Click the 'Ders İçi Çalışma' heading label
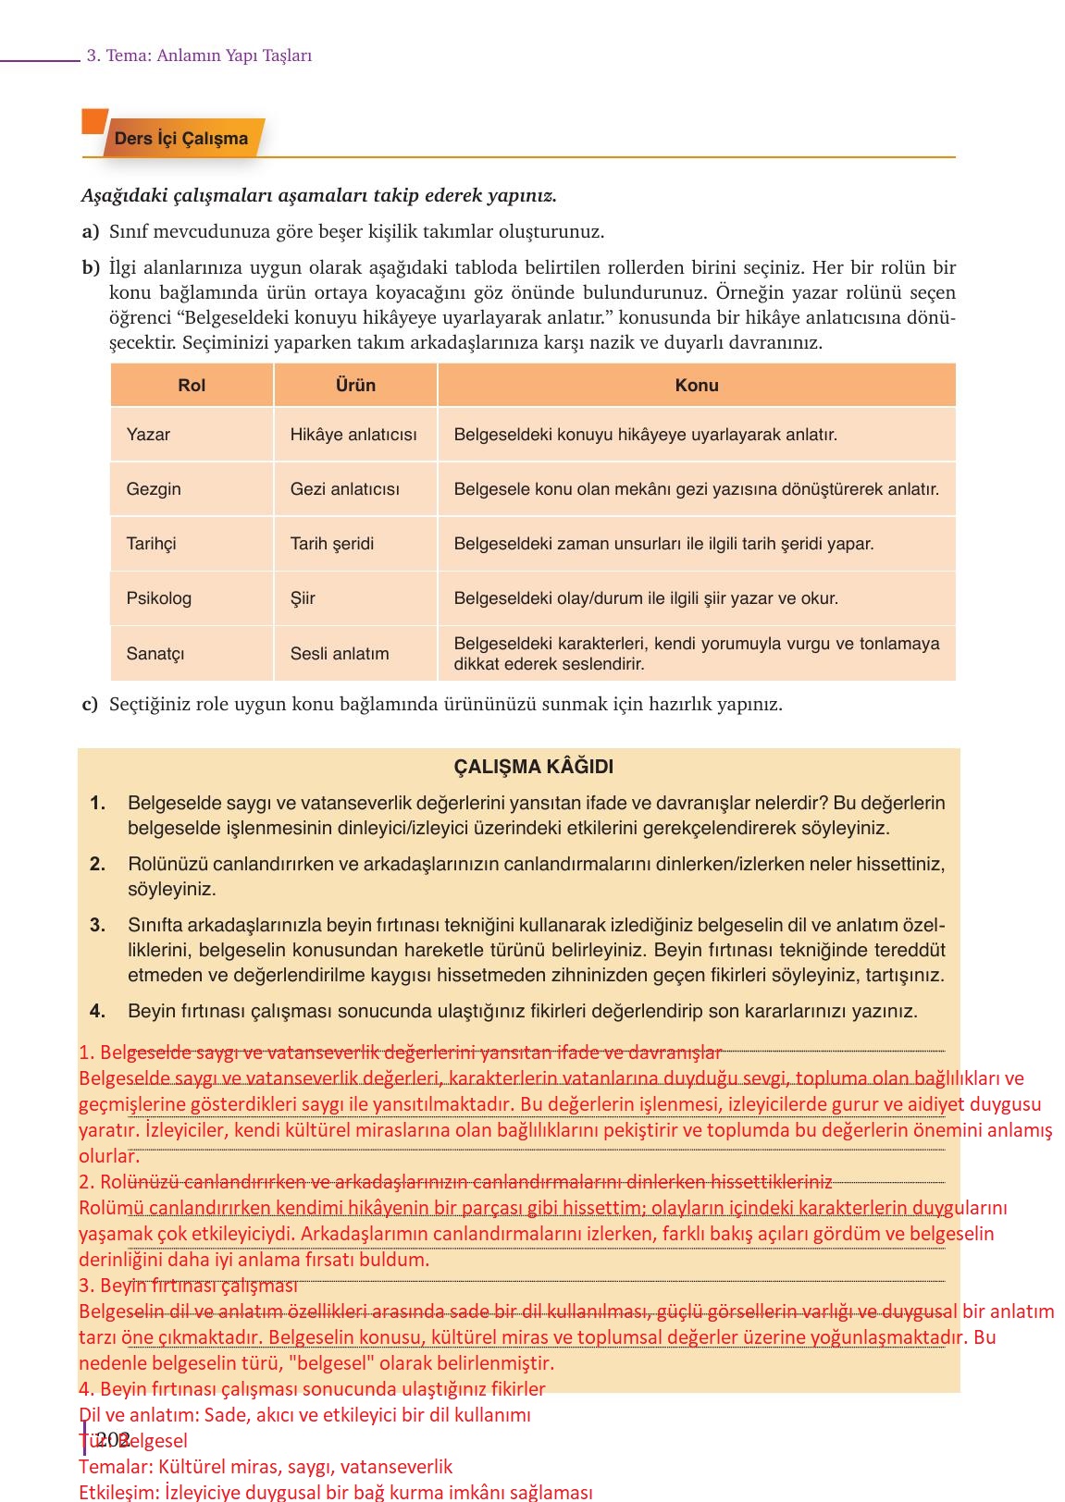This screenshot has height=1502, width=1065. pyautogui.click(x=181, y=139)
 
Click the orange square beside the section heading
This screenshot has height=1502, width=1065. pyautogui.click(x=94, y=121)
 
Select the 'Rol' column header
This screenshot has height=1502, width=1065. pyautogui.click(x=192, y=386)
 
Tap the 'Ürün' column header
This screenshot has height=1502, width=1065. pyautogui.click(x=355, y=386)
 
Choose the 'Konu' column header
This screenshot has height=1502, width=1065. pyautogui.click(x=697, y=386)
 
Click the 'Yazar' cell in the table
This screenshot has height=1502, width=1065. pyautogui.click(x=148, y=435)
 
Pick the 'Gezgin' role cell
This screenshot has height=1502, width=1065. pyautogui.click(x=154, y=489)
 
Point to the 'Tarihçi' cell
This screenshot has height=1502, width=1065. pyautogui.click(x=151, y=544)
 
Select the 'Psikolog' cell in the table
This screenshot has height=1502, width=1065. pyautogui.click(x=158, y=598)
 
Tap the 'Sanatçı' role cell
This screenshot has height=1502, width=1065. pyautogui.click(x=155, y=654)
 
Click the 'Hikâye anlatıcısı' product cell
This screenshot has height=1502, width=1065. pyautogui.click(x=353, y=435)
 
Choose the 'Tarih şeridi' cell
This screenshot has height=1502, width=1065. pyautogui.click(x=332, y=544)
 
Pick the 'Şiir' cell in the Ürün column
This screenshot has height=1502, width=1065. pyautogui.click(x=303, y=598)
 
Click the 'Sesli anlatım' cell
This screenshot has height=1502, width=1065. pyautogui.click(x=340, y=654)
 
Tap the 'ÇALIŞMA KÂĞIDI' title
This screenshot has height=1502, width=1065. pyautogui.click(x=533, y=767)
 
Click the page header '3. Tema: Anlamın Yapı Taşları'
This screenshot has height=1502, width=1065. pyautogui.click(x=199, y=55)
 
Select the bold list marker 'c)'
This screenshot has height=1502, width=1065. pyautogui.click(x=90, y=705)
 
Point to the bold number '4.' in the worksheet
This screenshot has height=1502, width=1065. pyautogui.click(x=97, y=1012)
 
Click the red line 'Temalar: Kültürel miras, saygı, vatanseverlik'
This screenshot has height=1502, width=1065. pyautogui.click(x=266, y=1467)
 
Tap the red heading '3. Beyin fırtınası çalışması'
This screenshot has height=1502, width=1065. pyautogui.click(x=189, y=1286)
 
